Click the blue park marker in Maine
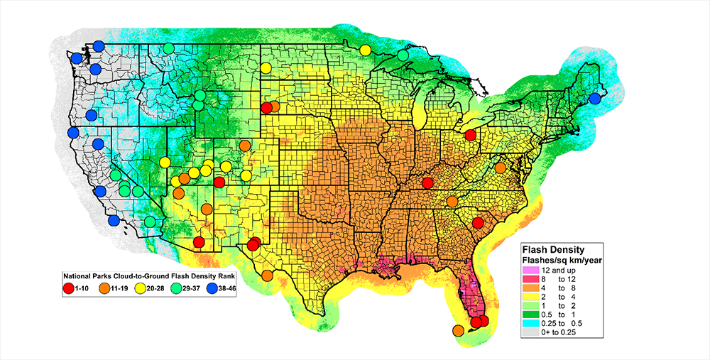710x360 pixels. (x=595, y=99)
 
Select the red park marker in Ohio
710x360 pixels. (x=470, y=135)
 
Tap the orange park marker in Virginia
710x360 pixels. (x=501, y=168)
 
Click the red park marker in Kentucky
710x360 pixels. (x=427, y=183)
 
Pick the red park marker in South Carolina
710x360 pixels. (x=478, y=224)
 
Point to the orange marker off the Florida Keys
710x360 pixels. (x=458, y=329)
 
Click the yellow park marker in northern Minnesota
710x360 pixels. (x=365, y=50)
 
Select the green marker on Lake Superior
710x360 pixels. (x=403, y=55)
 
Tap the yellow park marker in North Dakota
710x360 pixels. (x=265, y=68)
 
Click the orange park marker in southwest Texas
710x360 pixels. (x=267, y=276)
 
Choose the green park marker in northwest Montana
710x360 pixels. (x=168, y=48)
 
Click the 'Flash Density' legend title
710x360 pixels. (x=553, y=250)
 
